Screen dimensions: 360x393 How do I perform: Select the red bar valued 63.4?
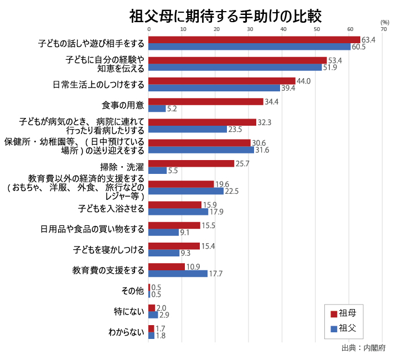tap(254, 40)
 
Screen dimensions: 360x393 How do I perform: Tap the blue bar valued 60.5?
tap(249, 47)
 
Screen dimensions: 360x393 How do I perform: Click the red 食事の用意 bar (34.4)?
tap(205, 102)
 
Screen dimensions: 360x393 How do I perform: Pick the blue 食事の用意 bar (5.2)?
tap(157, 109)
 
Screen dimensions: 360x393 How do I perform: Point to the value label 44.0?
tap(304, 81)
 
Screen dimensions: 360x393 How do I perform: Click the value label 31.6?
tap(262, 150)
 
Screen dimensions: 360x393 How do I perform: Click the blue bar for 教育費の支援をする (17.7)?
tap(178, 274)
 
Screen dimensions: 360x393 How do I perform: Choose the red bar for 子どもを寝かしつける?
tap(174, 246)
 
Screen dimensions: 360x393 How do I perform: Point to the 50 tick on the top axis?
tap(317, 29)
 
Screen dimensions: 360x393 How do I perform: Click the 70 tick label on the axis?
tap(384, 29)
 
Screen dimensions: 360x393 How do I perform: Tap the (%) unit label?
tap(385, 22)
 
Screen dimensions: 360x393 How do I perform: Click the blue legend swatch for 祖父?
tap(334, 328)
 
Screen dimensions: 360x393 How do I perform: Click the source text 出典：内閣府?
tap(363, 348)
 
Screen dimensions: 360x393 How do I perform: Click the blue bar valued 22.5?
tap(186, 191)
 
